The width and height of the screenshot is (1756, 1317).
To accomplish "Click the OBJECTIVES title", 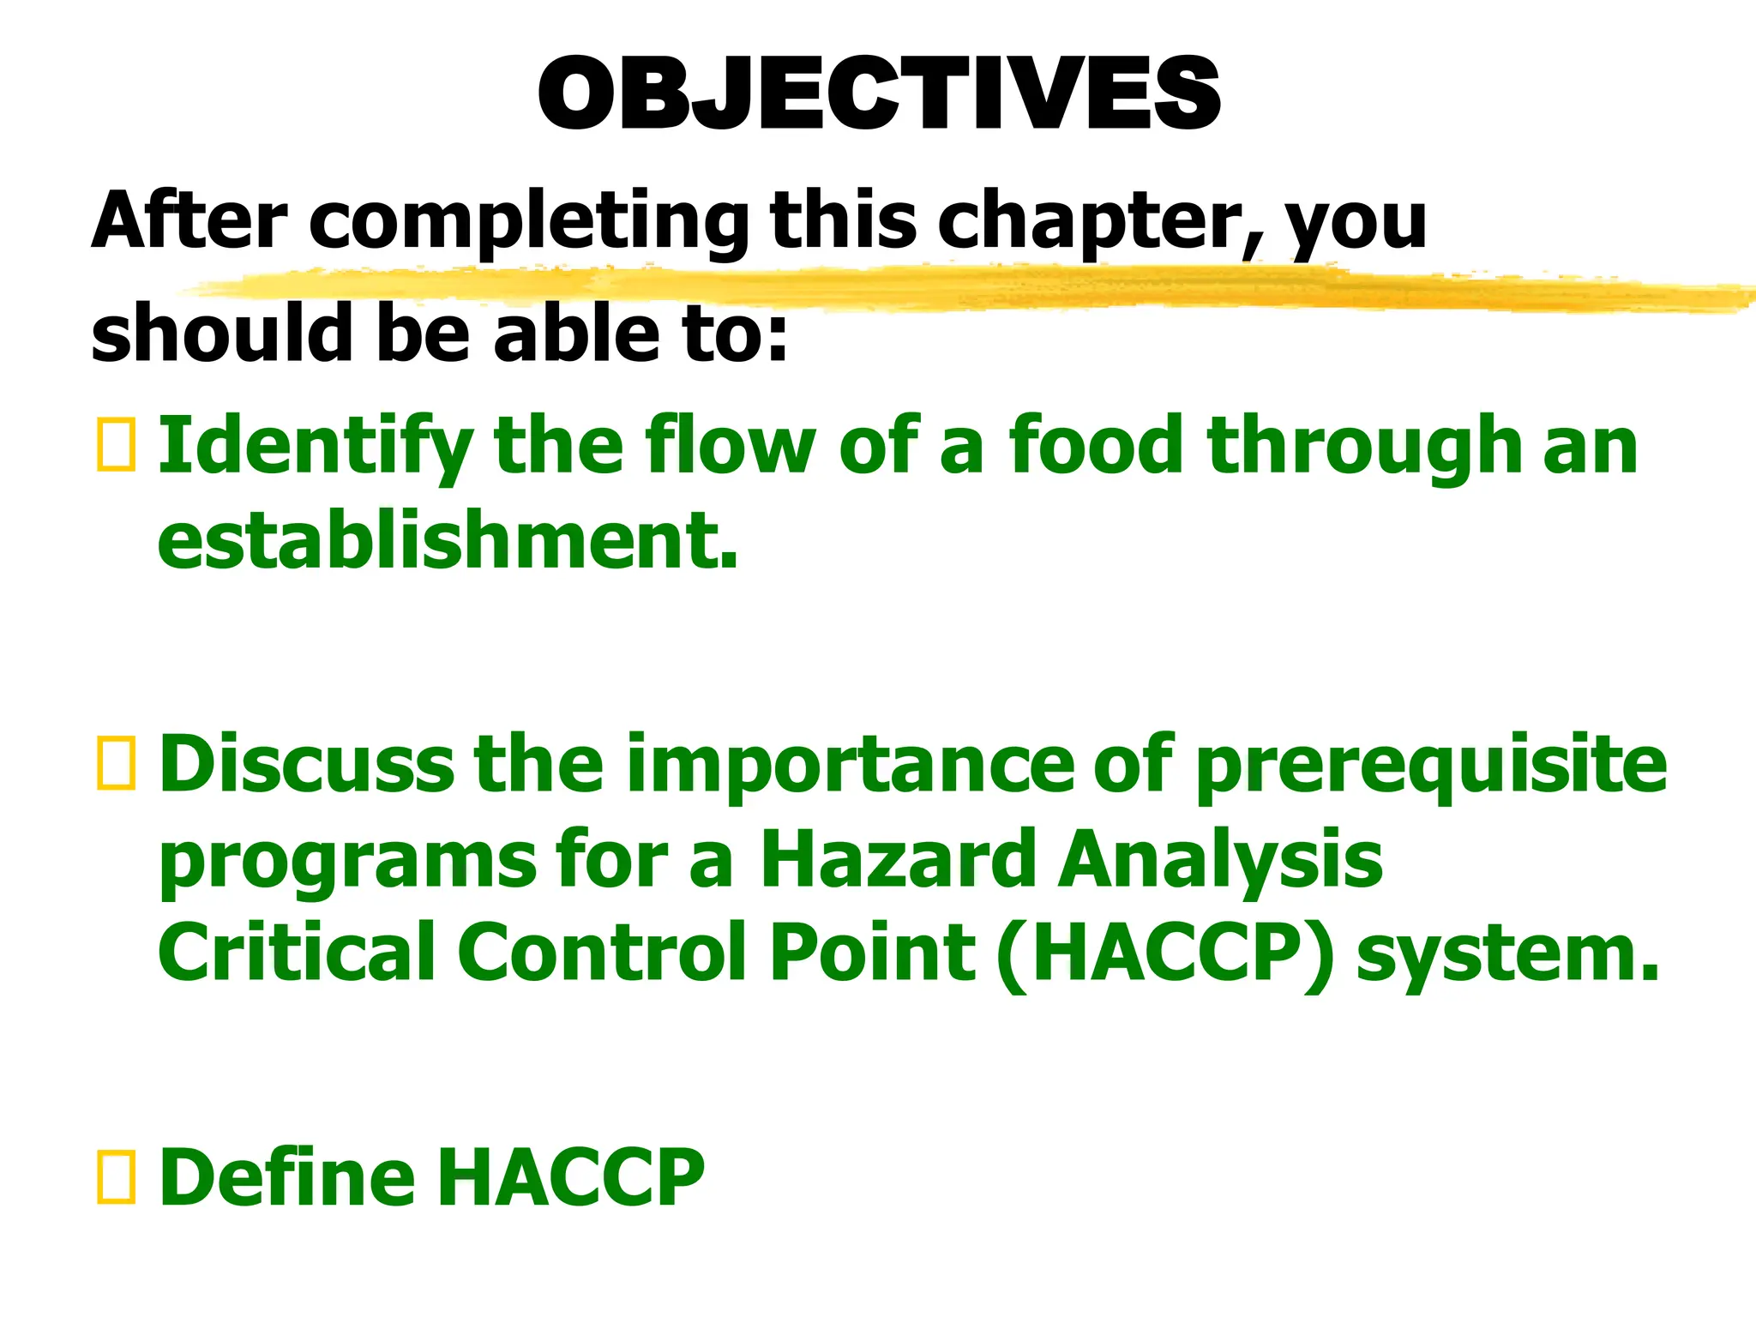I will [878, 94].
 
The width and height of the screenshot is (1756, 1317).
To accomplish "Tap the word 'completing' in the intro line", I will [527, 221].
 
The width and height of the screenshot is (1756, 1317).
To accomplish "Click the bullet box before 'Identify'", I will [116, 445].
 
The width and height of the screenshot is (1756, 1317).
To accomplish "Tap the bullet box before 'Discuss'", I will [116, 762].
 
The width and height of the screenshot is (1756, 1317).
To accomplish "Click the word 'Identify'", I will [314, 447].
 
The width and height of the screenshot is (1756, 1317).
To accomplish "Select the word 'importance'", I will [849, 762].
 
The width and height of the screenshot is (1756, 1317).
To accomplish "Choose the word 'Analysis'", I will [1219, 860].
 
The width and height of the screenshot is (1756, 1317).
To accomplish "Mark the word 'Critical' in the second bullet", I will [297, 952].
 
